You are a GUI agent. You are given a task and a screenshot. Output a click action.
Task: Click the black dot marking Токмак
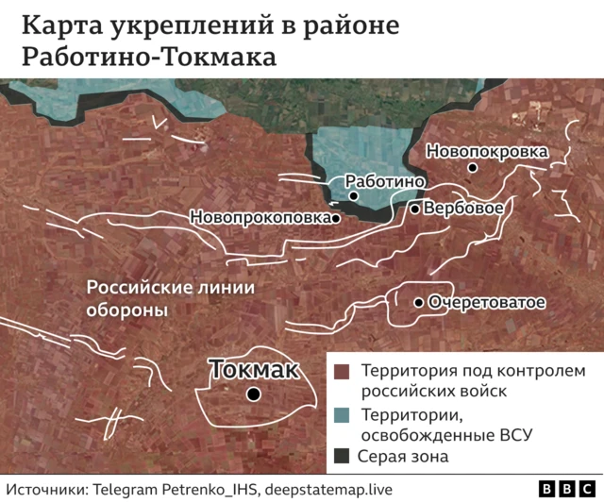click(x=253, y=394)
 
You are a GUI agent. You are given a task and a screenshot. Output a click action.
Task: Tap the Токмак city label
click(x=253, y=369)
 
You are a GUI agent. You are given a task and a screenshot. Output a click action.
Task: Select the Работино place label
click(x=387, y=181)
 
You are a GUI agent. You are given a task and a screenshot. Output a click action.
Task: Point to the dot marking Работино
click(x=353, y=195)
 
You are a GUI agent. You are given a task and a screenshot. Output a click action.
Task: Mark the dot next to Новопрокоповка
click(x=336, y=217)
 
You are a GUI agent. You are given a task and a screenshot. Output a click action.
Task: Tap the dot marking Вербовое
click(x=414, y=208)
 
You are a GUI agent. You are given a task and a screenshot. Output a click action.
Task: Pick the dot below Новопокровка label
click(x=473, y=167)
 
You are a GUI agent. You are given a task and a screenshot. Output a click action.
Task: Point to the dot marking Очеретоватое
click(x=419, y=303)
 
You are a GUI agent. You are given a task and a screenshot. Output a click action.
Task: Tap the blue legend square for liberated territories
click(x=342, y=414)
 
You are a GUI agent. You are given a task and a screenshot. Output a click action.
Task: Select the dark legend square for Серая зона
click(x=342, y=457)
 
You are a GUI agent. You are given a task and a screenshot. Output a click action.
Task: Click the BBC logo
click(x=566, y=489)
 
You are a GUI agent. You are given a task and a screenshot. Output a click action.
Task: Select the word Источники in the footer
click(x=47, y=489)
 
